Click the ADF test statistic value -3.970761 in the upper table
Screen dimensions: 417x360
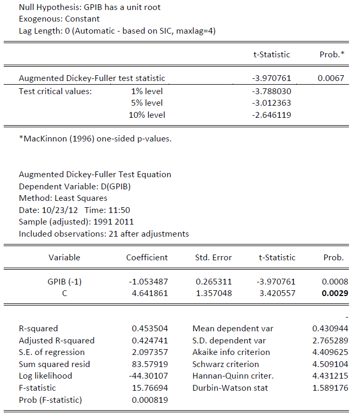tap(271, 78)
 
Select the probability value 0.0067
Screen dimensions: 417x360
tap(331, 78)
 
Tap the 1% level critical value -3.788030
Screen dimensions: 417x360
tap(271, 91)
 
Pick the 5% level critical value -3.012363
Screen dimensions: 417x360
tap(271, 103)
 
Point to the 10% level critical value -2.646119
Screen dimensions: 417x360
tap(271, 115)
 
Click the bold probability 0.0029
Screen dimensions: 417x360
tap(334, 293)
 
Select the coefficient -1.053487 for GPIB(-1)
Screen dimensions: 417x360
tap(149, 281)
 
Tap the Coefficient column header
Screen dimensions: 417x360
tap(147, 258)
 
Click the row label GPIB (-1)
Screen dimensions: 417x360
tap(65, 281)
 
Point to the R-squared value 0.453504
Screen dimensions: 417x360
tap(150, 329)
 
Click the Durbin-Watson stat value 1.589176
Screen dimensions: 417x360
tap(331, 388)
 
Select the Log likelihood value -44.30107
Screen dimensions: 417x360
tap(149, 376)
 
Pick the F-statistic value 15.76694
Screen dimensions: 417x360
tap(150, 388)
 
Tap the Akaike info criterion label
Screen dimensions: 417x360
tap(231, 352)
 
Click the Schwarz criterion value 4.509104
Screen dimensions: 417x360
tap(331, 364)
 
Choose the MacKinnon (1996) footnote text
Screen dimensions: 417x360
tap(95, 139)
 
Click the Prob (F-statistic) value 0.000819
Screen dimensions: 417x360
tap(150, 400)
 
